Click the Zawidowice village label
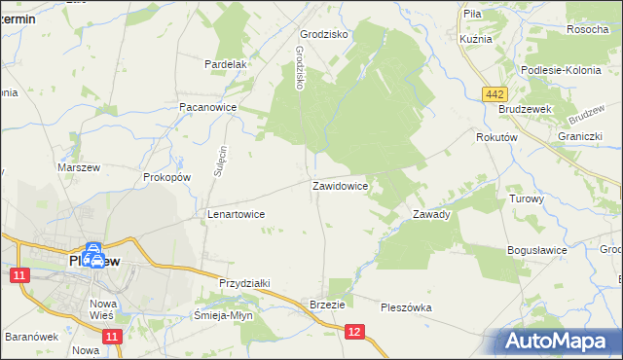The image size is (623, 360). pyautogui.click(x=339, y=185)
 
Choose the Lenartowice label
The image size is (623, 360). pyautogui.click(x=237, y=213)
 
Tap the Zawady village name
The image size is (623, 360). pyautogui.click(x=430, y=214)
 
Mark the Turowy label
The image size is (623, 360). pyautogui.click(x=527, y=198)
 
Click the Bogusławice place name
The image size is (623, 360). pyautogui.click(x=537, y=250)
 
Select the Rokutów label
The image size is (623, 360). pyautogui.click(x=495, y=138)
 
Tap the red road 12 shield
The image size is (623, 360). pyautogui.click(x=355, y=333)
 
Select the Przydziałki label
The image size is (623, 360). pyautogui.click(x=244, y=282)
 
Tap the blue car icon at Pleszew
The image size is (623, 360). pyautogui.click(x=93, y=256)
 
